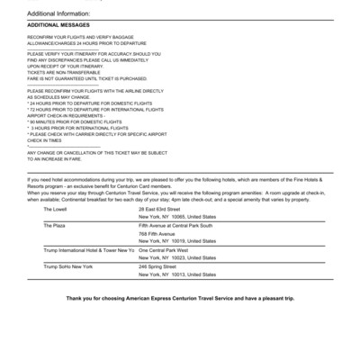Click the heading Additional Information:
pyautogui.click(x=60, y=14)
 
